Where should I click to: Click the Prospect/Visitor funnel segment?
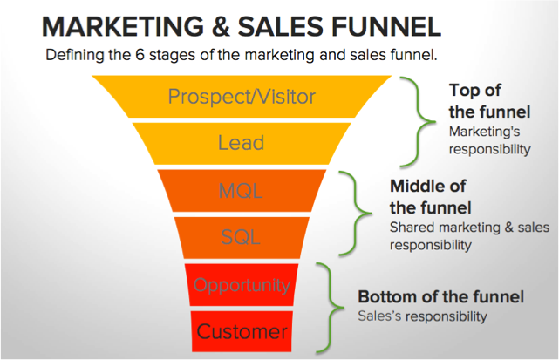pos(242,96)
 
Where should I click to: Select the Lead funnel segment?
pos(242,143)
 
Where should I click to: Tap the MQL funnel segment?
pos(242,191)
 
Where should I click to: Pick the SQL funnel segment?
pos(242,237)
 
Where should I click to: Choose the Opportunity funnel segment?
pos(242,285)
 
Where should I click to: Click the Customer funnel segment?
pos(242,331)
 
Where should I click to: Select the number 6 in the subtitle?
pos(140,55)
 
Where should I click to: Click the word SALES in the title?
pos(277,27)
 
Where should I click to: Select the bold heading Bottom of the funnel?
pos(440,296)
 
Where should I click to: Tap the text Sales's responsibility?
pos(422,316)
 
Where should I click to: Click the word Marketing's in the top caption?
pos(484,132)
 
